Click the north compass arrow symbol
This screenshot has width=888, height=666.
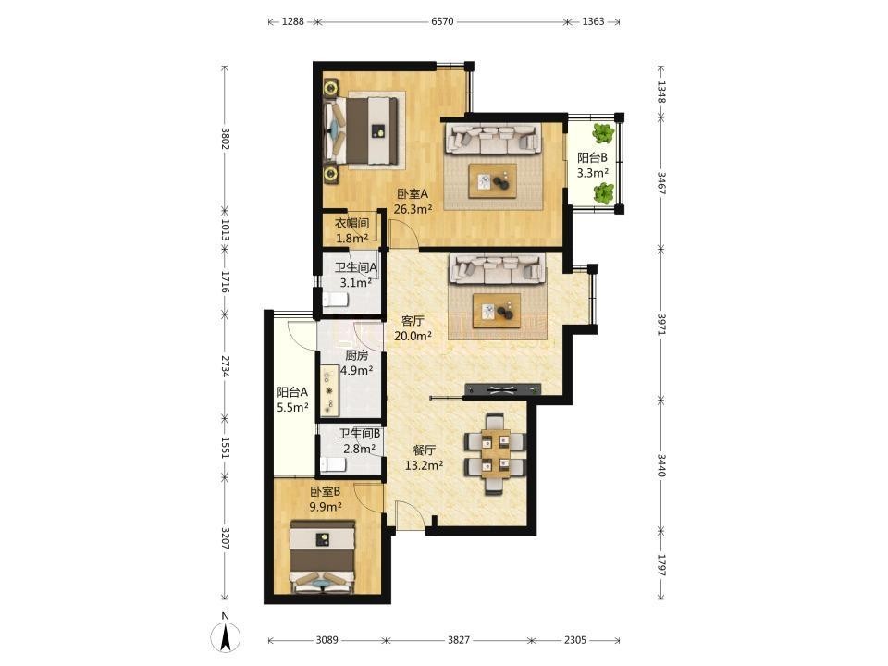(226, 637)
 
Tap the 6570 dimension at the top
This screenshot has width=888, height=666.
(442, 21)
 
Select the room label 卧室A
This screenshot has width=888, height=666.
(413, 193)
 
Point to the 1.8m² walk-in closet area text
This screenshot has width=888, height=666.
(352, 239)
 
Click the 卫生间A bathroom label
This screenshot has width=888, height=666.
(355, 267)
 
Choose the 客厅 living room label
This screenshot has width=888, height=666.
(413, 321)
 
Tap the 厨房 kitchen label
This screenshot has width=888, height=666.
(357, 355)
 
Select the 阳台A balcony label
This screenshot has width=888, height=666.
(292, 392)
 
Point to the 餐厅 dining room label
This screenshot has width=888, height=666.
(424, 450)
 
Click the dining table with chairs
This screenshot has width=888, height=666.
(495, 453)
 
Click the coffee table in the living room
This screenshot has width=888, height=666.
(497, 311)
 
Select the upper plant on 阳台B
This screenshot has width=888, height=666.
(603, 133)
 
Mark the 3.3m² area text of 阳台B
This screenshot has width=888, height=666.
(592, 173)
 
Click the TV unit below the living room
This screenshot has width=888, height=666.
(501, 389)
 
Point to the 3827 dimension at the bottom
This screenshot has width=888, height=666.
(459, 640)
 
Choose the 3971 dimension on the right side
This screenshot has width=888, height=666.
(660, 324)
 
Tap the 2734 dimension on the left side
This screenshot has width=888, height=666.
(225, 366)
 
